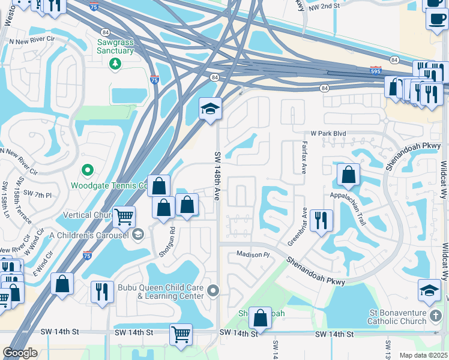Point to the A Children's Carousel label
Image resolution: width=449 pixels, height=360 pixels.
(x=91, y=235)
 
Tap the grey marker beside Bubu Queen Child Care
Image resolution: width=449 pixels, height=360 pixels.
(x=213, y=292)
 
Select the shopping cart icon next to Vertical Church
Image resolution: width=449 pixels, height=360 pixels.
(x=124, y=217)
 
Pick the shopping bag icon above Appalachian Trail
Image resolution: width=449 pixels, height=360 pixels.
(x=349, y=175)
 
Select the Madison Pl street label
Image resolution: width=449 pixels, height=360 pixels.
(x=250, y=254)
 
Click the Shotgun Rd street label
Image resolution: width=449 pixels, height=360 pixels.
(x=172, y=235)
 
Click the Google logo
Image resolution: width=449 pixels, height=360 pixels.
(x=20, y=353)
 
